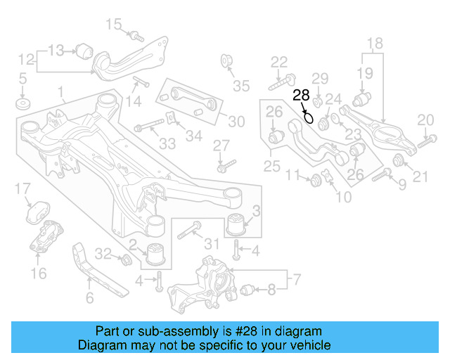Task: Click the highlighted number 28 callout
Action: click(301, 95)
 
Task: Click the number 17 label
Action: click(22, 188)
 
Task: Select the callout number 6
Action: click(89, 298)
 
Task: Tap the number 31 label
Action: click(212, 244)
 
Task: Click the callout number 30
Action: click(236, 122)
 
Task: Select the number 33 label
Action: click(167, 144)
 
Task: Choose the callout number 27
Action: click(221, 146)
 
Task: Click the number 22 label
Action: click(279, 62)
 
